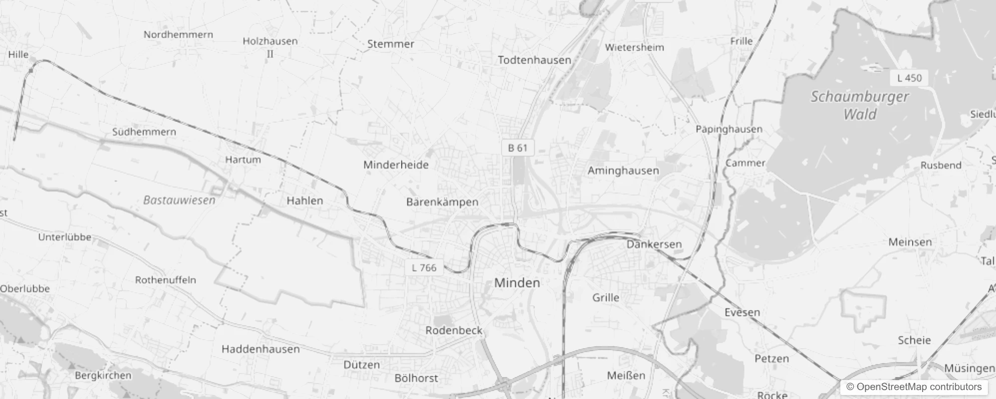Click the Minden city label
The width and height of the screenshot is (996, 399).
click(517, 283)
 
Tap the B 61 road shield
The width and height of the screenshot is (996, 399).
click(517, 148)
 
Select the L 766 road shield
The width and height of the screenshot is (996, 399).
click(424, 268)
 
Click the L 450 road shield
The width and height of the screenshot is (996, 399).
click(909, 78)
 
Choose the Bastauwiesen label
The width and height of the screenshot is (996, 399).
click(179, 200)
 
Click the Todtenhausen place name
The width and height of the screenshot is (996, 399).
click(534, 60)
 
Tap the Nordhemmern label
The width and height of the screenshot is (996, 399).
click(178, 34)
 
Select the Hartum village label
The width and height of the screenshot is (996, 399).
click(243, 160)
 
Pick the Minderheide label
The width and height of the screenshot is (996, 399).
click(396, 165)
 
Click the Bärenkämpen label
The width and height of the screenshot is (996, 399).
click(442, 202)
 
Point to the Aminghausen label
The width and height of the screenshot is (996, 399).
click(623, 171)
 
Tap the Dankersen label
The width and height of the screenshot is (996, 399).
click(654, 244)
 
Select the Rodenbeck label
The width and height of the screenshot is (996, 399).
click(454, 330)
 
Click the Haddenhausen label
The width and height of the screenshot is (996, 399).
click(260, 349)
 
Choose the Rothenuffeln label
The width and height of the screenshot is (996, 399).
click(166, 280)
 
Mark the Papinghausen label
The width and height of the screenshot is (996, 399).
click(729, 129)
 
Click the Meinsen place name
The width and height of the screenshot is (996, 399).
click(910, 242)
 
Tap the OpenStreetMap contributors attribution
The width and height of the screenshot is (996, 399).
click(914, 387)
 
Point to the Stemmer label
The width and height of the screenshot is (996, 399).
click(391, 44)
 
